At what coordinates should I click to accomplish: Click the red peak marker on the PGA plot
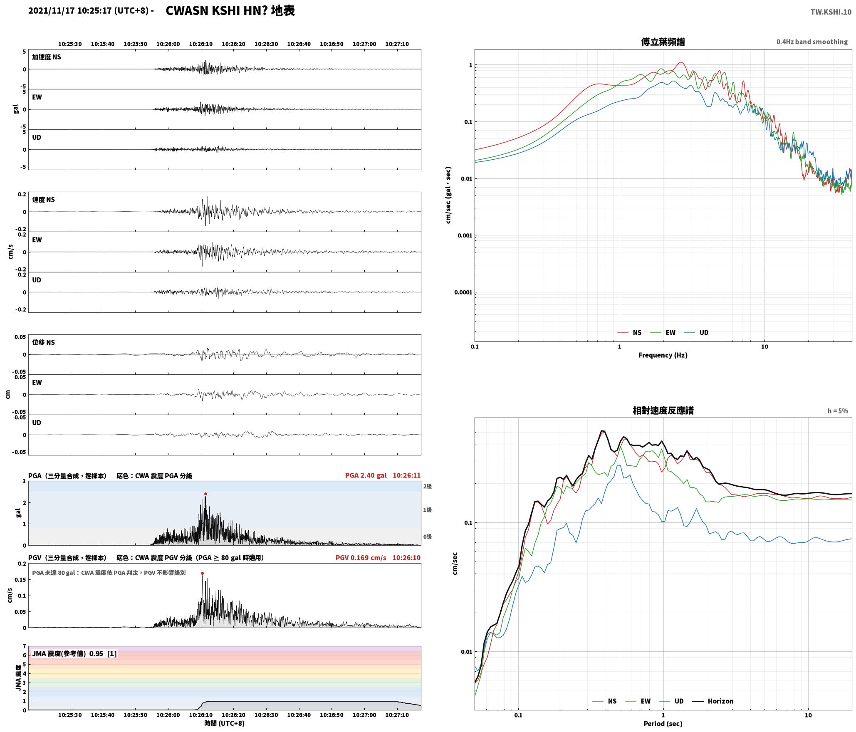(x=205, y=494)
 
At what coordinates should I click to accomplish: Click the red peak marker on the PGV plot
(x=202, y=573)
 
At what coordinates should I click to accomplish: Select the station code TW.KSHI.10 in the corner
(x=831, y=12)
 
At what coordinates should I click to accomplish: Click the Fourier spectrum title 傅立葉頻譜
(x=663, y=42)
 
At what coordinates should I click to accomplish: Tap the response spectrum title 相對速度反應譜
(x=663, y=410)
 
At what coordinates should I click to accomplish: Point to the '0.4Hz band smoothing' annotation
(x=812, y=42)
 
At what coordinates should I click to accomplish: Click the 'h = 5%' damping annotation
(x=837, y=411)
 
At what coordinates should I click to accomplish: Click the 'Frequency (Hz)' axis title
(x=663, y=355)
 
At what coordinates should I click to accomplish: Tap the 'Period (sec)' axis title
(x=663, y=723)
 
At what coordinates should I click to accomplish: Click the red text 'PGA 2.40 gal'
(x=366, y=475)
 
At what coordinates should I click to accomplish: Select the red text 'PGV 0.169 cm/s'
(x=361, y=557)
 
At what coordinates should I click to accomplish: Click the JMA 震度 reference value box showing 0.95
(x=74, y=653)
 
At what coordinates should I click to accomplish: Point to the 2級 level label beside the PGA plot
(x=427, y=486)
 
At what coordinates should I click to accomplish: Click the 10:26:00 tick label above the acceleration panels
(x=168, y=44)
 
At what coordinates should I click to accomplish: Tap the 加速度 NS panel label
(x=46, y=57)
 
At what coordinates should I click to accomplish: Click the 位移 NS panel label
(x=43, y=342)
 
